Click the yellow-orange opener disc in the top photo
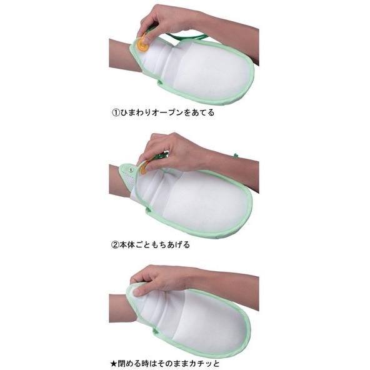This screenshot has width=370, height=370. pyautogui.click(x=144, y=44)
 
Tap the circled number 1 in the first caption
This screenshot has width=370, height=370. pyautogui.click(x=115, y=114)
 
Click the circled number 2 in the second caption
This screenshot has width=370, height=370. pyautogui.click(x=115, y=244)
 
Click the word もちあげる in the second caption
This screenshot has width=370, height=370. pyautogui.click(x=170, y=244)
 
